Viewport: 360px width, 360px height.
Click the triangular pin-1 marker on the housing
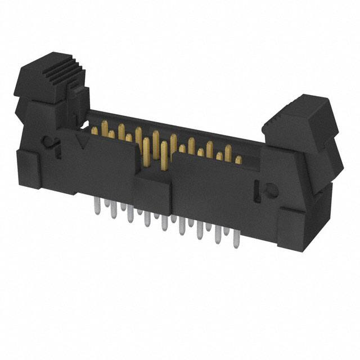coord(84,143)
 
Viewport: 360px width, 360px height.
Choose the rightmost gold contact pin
coord(238,160)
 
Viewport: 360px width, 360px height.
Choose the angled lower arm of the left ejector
coord(28,118)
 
